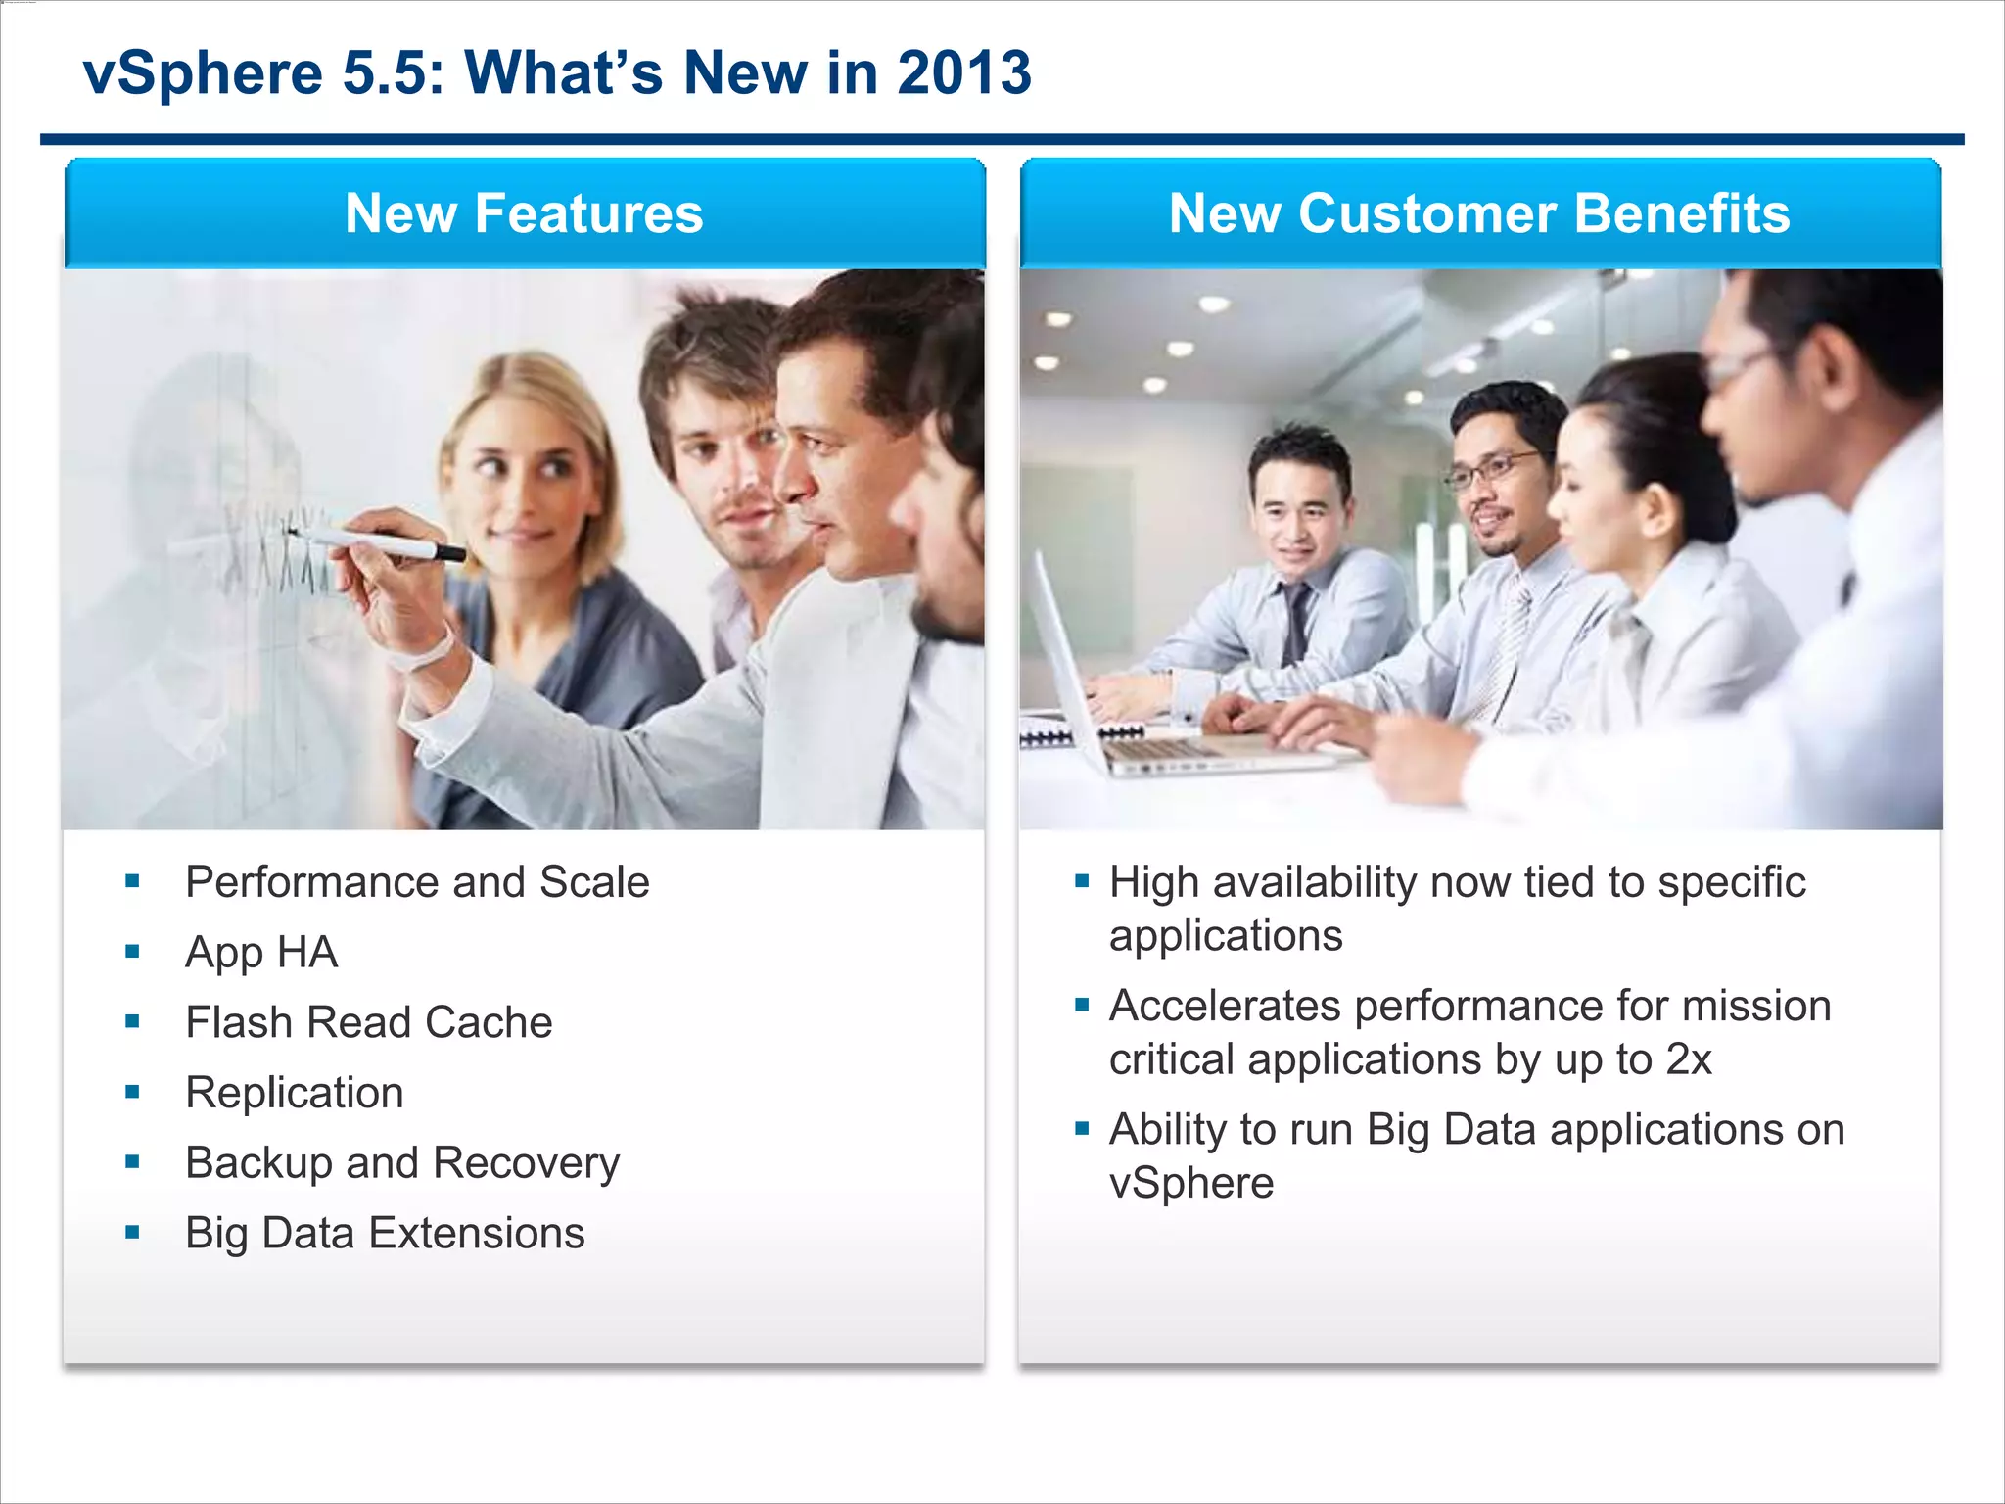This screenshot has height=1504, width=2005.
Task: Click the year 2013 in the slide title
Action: pos(963,73)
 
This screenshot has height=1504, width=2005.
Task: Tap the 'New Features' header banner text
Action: pos(524,213)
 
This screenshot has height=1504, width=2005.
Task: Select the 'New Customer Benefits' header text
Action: pos(1478,213)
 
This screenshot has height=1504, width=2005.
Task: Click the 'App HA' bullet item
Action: pos(261,953)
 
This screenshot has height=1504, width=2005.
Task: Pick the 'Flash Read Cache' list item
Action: pos(369,1023)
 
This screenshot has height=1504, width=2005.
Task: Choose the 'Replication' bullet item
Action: pos(295,1093)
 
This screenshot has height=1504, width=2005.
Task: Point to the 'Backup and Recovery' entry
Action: pos(402,1163)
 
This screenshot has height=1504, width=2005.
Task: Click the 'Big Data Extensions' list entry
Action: pos(385,1234)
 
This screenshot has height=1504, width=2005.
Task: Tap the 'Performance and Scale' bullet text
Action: pos(417,882)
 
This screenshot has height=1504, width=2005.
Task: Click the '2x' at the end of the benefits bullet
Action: pos(1689,1060)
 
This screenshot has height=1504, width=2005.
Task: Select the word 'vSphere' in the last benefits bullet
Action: pos(1191,1184)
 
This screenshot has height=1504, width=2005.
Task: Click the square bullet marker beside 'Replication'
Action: pos(132,1092)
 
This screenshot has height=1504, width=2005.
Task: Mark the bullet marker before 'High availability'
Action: pos(1082,881)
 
